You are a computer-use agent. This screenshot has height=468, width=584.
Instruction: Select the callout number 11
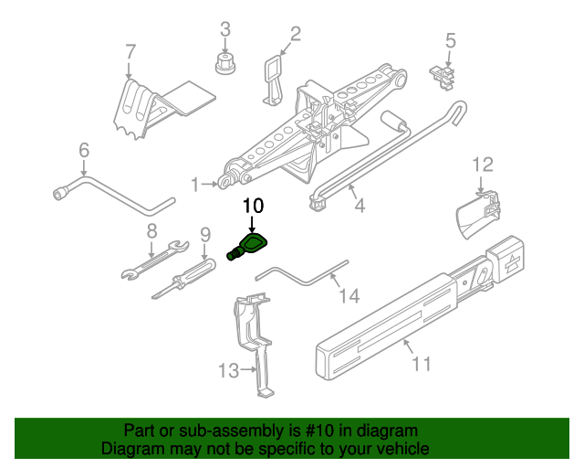click(x=421, y=364)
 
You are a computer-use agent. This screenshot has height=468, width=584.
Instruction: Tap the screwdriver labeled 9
click(x=182, y=275)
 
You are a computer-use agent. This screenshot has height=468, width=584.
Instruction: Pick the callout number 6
click(x=84, y=150)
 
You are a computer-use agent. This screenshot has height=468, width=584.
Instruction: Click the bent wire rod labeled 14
click(x=301, y=271)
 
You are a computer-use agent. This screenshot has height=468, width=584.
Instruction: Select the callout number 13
click(x=227, y=370)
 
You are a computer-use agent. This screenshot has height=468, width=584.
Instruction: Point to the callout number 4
click(x=360, y=206)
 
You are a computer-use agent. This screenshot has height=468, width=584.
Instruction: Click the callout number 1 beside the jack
click(x=195, y=185)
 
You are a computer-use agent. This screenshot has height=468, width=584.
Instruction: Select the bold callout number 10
click(x=252, y=205)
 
